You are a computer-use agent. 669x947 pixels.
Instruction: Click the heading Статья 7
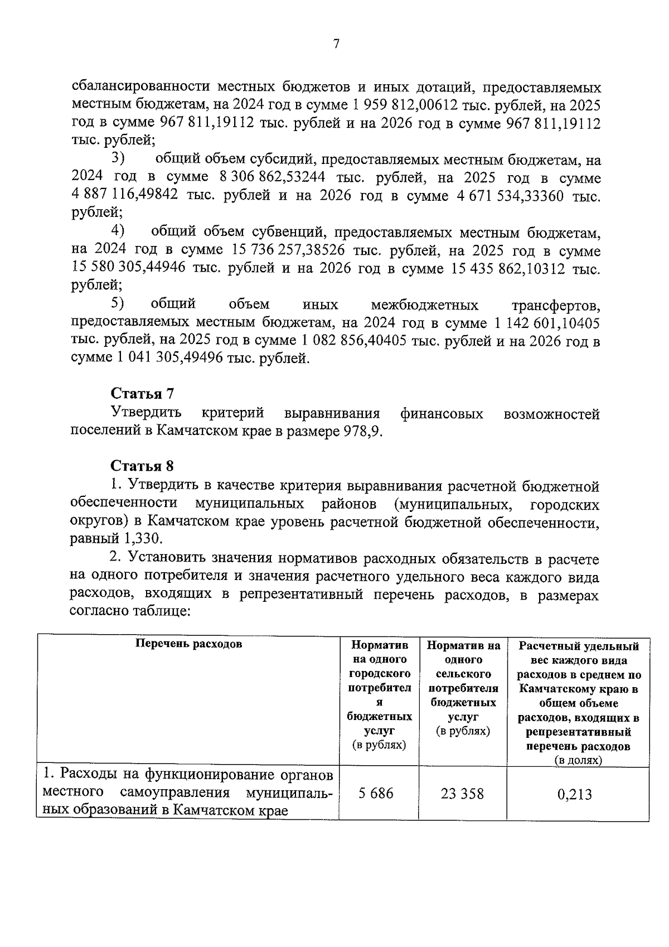[142, 394]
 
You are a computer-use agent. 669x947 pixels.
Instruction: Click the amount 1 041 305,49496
[169, 359]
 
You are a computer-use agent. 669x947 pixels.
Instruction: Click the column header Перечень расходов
[190, 644]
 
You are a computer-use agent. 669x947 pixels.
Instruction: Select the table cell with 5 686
[377, 793]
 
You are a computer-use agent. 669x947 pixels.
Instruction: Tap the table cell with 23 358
[462, 793]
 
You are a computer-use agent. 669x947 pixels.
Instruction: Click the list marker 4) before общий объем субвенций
[117, 230]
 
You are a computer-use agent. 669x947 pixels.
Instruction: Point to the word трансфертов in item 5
[555, 306]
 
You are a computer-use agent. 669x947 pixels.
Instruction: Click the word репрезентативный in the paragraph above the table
[301, 595]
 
